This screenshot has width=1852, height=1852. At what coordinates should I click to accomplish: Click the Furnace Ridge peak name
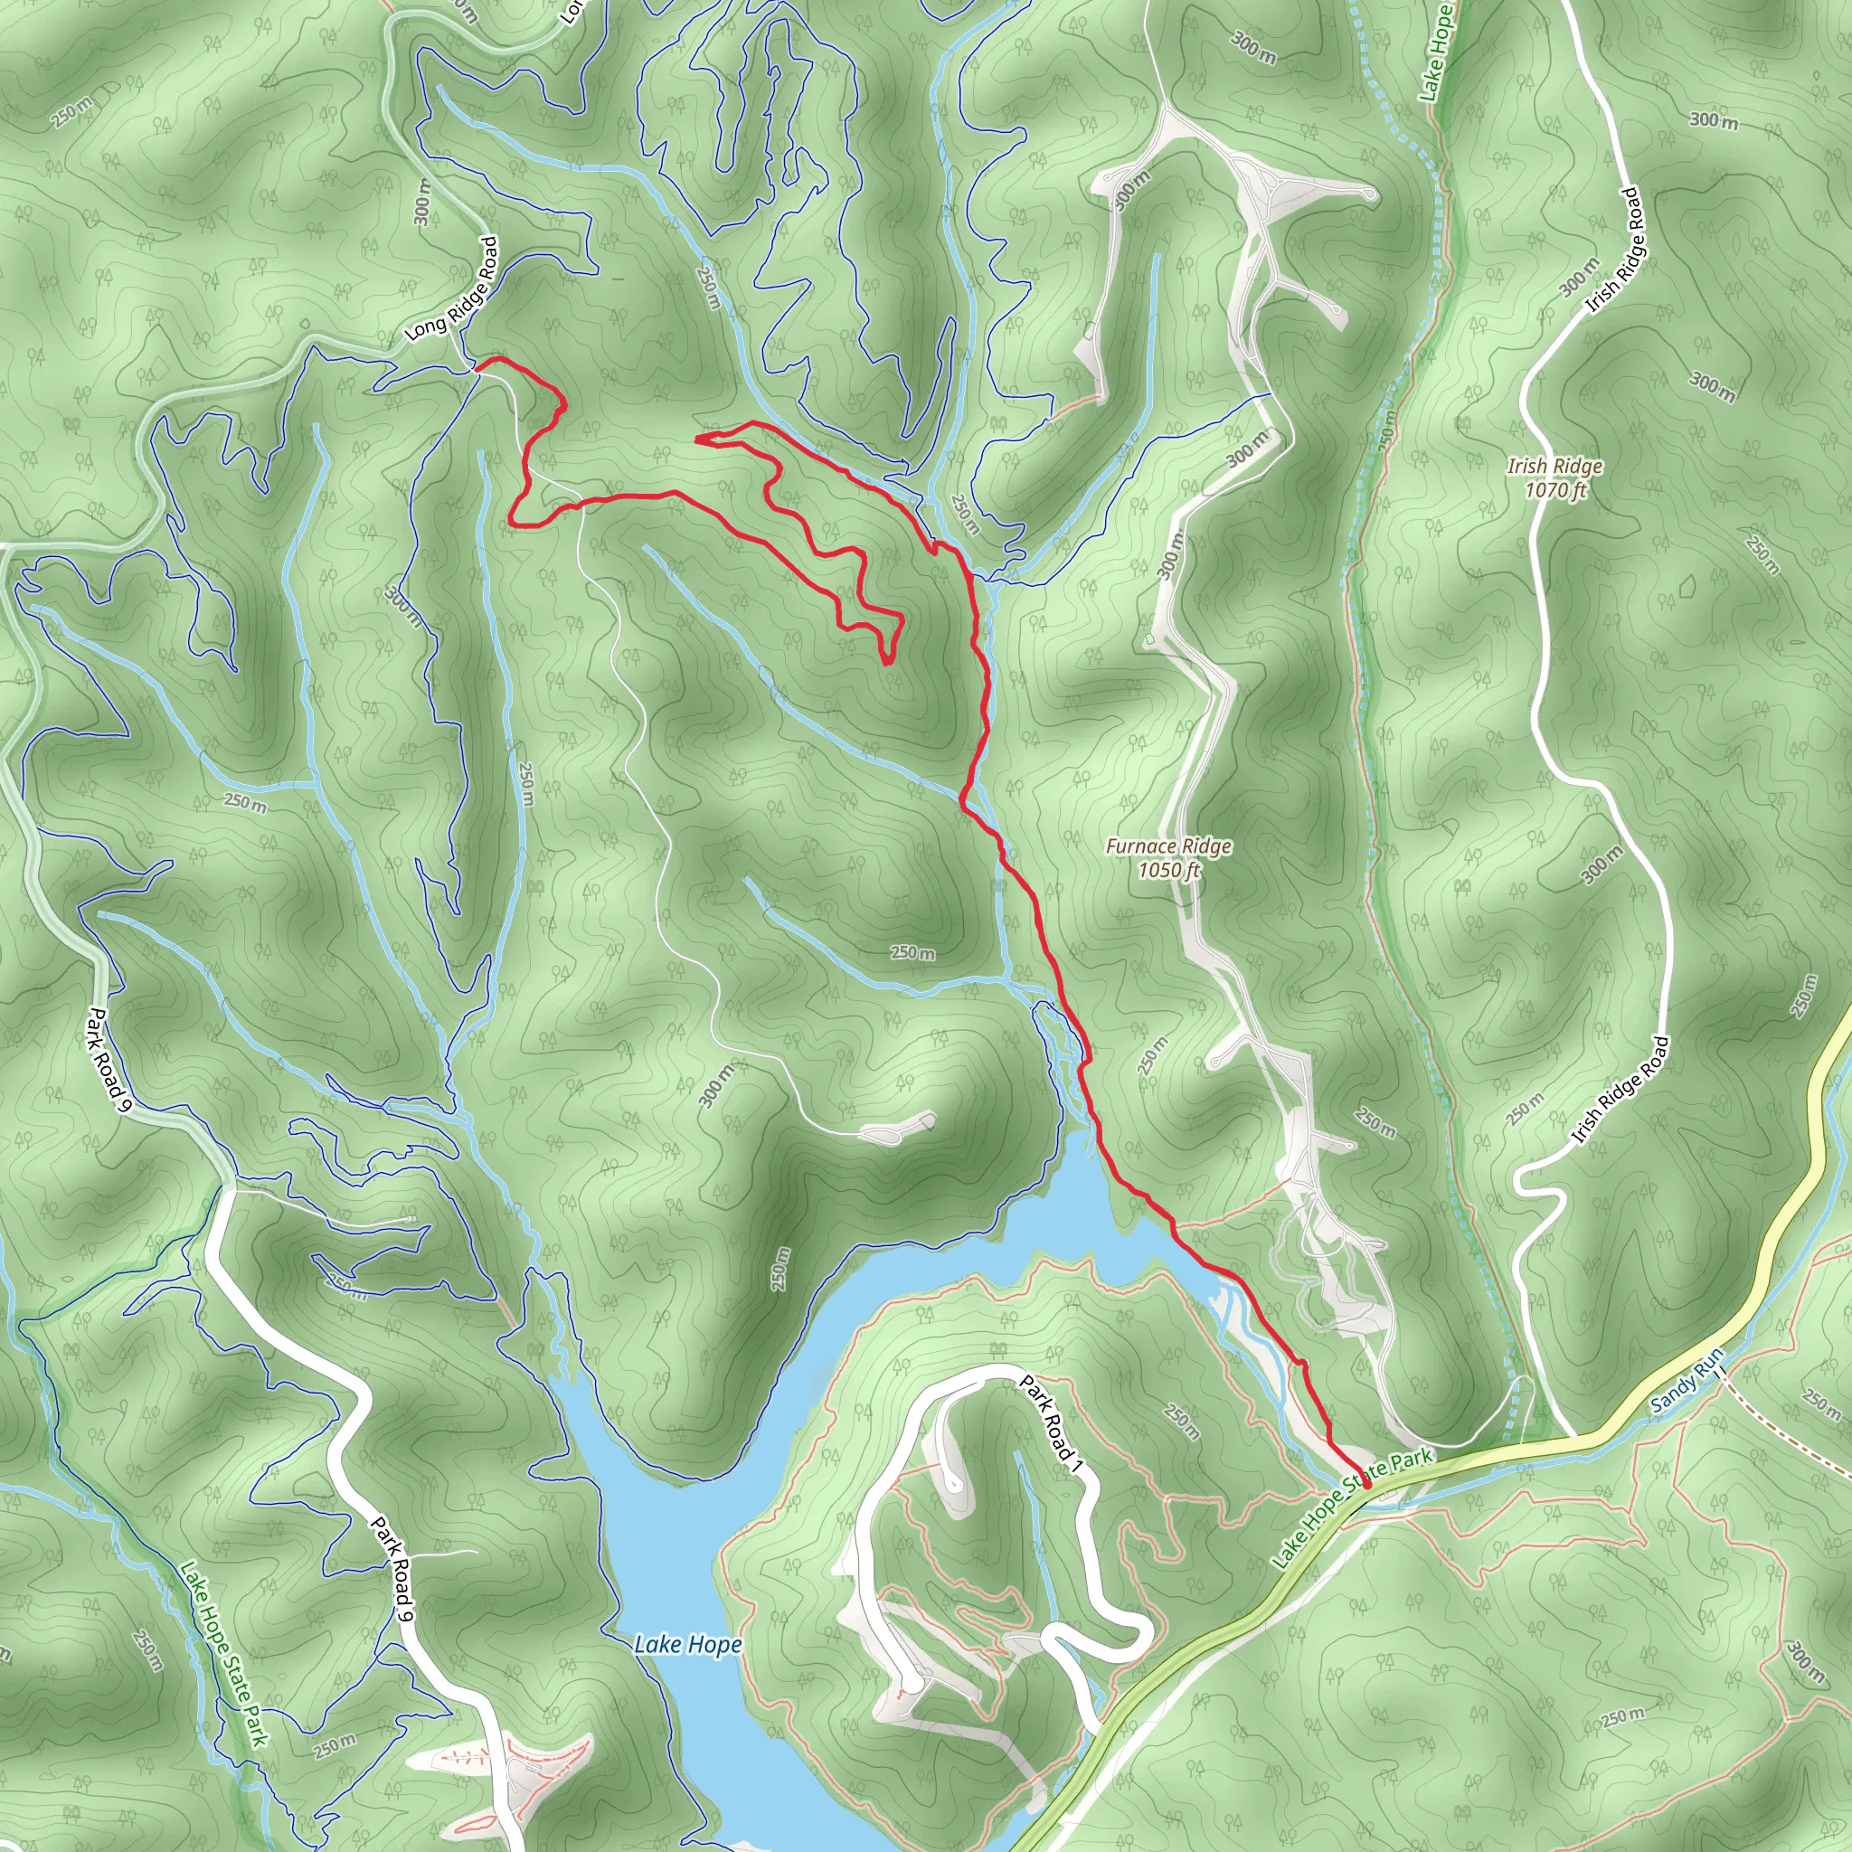click(x=1167, y=846)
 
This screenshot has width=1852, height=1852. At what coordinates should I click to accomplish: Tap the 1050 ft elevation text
click(x=1168, y=871)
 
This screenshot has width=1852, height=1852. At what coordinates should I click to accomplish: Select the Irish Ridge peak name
click(x=1554, y=466)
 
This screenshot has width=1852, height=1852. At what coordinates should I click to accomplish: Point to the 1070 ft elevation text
click(x=1554, y=490)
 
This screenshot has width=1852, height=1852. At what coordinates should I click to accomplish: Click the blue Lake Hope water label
click(x=687, y=1645)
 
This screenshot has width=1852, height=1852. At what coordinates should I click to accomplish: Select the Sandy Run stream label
click(x=1687, y=1379)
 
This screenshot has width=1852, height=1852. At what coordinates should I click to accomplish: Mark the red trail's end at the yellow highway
click(x=1367, y=1485)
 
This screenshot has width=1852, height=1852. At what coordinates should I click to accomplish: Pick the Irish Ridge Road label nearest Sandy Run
click(x=1620, y=1089)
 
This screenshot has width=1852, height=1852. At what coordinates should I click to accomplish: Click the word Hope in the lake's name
click(x=715, y=1645)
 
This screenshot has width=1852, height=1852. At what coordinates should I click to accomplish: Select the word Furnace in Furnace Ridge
click(x=1139, y=846)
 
